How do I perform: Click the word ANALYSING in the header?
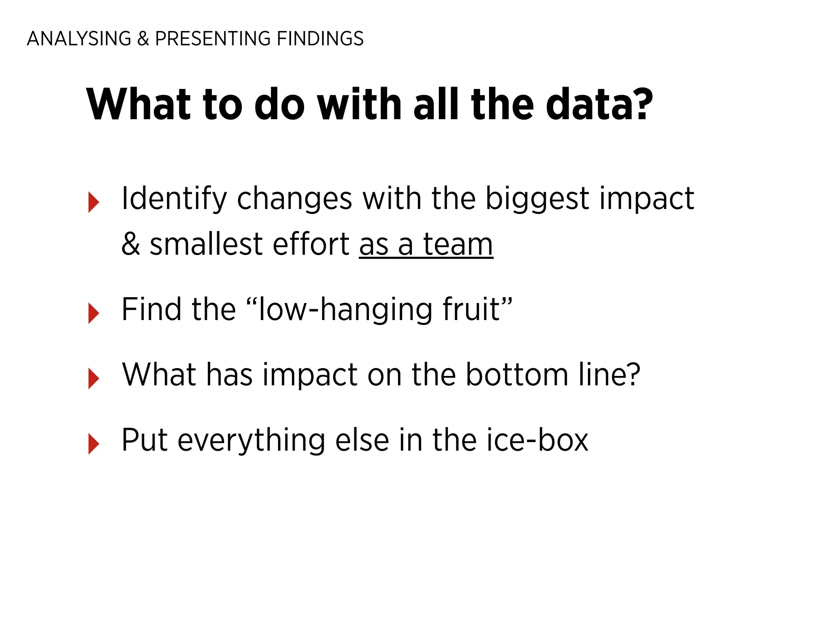point(79,39)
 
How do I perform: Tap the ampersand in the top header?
point(143,39)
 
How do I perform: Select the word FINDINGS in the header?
point(320,39)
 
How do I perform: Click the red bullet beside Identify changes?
point(93,202)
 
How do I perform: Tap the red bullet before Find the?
point(93,313)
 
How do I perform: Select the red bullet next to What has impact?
point(93,378)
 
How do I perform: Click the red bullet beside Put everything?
point(93,444)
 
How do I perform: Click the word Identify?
point(174,199)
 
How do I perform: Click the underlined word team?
point(458,244)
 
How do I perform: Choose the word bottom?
point(517,375)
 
